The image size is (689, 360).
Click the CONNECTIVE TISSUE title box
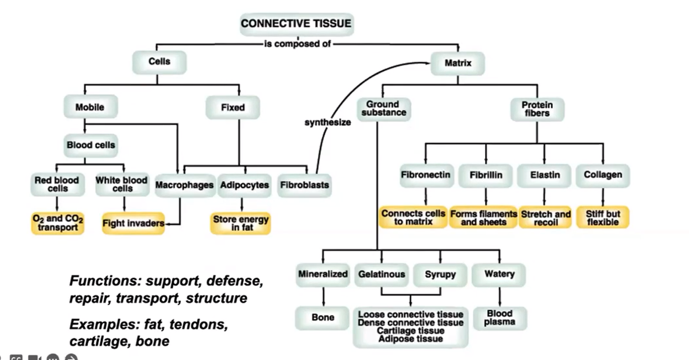(x=297, y=24)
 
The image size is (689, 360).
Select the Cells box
(x=159, y=62)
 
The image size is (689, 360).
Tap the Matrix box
(x=458, y=63)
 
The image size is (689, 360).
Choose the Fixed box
(x=233, y=107)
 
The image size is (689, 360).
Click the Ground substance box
(x=384, y=109)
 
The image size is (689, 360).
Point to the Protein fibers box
(x=537, y=109)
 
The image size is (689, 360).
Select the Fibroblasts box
(x=305, y=185)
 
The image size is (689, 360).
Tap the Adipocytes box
(x=244, y=185)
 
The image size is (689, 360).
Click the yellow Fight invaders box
(x=133, y=223)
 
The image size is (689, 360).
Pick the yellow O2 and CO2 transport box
(x=58, y=223)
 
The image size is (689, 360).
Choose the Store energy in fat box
(x=240, y=223)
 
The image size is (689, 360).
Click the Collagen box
(x=603, y=175)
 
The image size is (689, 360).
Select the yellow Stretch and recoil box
(x=545, y=217)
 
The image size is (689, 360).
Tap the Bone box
(x=322, y=318)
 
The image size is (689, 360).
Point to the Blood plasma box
(x=500, y=318)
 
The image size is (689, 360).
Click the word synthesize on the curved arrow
(x=327, y=122)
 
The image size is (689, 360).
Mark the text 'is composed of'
(x=297, y=44)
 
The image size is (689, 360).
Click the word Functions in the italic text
(x=105, y=281)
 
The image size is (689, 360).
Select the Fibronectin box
(x=426, y=175)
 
